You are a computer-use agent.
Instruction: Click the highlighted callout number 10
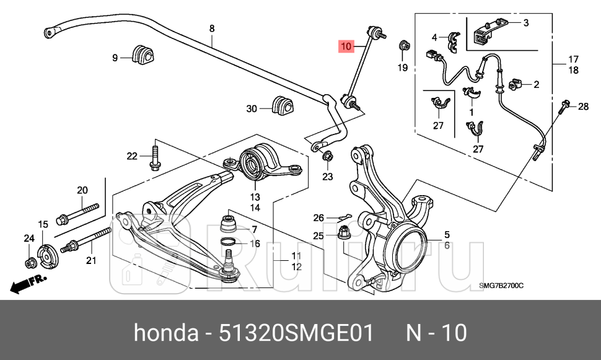point(346,46)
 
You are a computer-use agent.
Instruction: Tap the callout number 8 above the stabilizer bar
point(212,29)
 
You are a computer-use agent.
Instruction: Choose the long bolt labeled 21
point(86,239)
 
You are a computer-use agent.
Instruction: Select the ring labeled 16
point(228,242)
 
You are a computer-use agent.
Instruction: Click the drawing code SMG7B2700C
point(502,286)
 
